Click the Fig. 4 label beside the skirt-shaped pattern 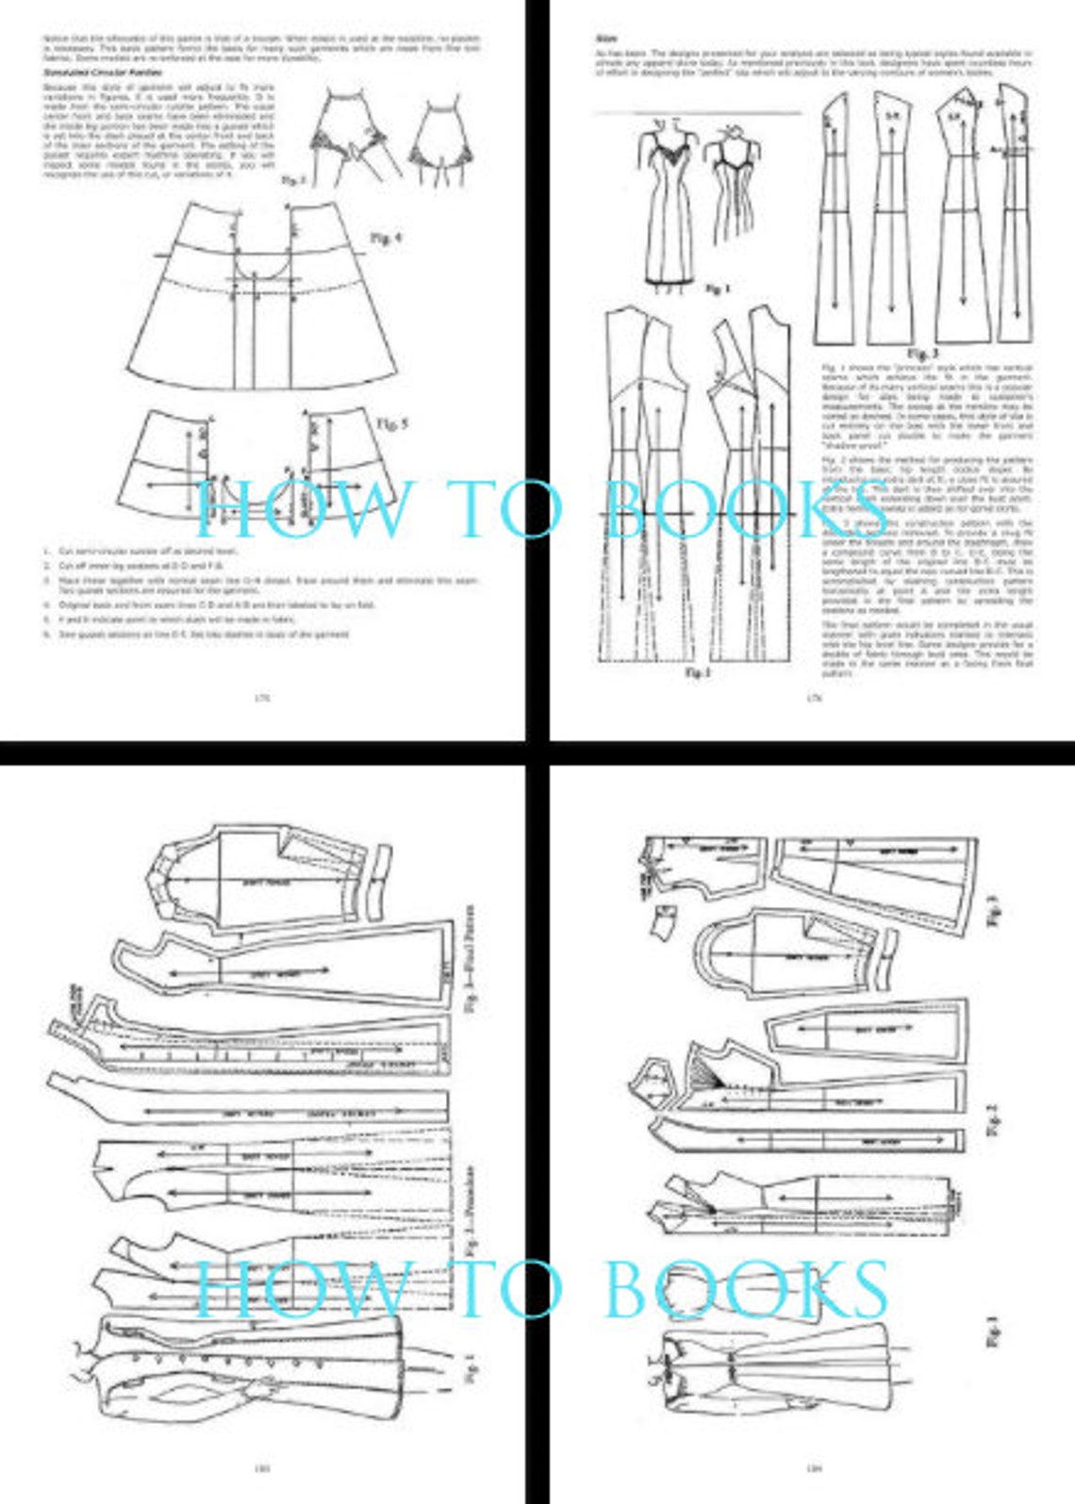point(385,239)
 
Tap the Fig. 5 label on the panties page point(392,423)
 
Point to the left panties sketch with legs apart point(350,137)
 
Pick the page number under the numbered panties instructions point(262,698)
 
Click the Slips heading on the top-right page point(607,39)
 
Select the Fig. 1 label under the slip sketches point(717,289)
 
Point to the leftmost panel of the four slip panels point(835,222)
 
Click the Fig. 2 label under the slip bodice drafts point(696,672)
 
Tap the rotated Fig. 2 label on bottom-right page point(989,1117)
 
